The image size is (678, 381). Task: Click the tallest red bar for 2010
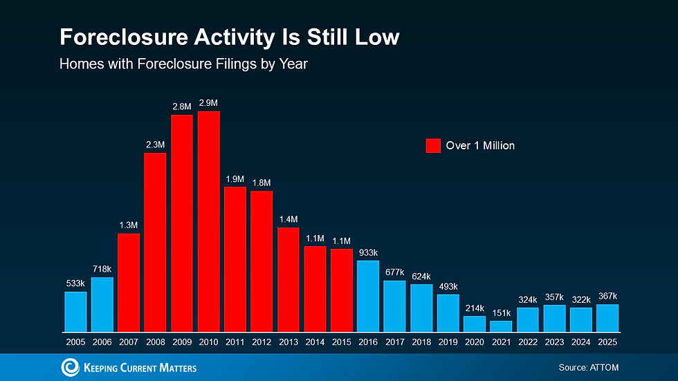click(208, 221)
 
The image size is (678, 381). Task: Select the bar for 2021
click(502, 326)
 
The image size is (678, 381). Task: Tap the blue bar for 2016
click(368, 296)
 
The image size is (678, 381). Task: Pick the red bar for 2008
click(155, 242)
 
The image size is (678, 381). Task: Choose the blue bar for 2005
click(75, 311)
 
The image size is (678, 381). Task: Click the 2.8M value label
click(181, 106)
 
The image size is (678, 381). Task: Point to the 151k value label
click(502, 313)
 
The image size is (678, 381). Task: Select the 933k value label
click(368, 252)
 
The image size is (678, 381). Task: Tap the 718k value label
click(102, 269)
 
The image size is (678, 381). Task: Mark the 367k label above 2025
click(607, 296)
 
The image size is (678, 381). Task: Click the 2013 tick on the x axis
click(288, 342)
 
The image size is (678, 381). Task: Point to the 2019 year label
click(448, 342)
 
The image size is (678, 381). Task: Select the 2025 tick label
click(607, 342)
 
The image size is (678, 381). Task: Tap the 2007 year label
click(129, 342)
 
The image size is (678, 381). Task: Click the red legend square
click(433, 145)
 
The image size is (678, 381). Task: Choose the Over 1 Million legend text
click(480, 145)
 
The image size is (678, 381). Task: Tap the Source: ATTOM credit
click(588, 367)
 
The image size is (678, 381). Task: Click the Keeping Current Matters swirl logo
click(71, 367)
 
